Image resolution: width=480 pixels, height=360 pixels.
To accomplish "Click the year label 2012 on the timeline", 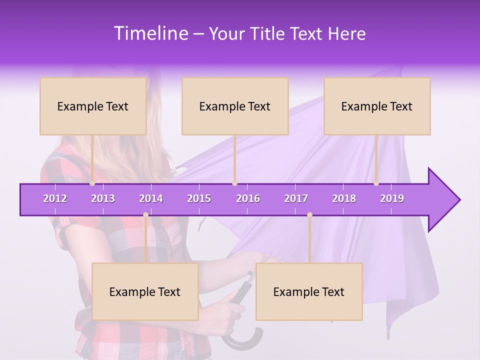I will (x=55, y=198).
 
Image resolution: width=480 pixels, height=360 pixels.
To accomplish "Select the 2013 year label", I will (x=103, y=198).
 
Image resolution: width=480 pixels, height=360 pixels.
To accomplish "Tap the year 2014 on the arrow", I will (x=151, y=198).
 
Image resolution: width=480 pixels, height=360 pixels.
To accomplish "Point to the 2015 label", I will (x=199, y=198).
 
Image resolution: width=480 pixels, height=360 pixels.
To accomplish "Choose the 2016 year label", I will (x=248, y=198).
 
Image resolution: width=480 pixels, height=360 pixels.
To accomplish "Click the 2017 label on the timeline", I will (x=296, y=198).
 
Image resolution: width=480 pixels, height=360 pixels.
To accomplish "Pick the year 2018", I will (x=344, y=198).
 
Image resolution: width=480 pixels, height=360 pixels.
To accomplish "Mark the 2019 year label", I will (x=392, y=198).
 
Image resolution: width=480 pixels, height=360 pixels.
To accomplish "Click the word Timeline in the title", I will (x=149, y=33).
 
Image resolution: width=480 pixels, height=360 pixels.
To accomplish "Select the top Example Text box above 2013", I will (x=93, y=106).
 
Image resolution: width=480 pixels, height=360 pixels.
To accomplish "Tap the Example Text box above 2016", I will (x=235, y=106).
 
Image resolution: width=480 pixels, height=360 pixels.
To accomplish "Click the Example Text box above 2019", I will (x=377, y=106).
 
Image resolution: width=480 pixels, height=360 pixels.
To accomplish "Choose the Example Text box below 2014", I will (x=145, y=291).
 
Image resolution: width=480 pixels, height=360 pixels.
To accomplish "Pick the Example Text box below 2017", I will (x=309, y=291).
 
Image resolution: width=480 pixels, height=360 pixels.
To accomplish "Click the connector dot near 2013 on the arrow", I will (x=92, y=183).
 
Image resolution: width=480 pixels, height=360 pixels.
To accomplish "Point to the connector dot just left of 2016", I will (x=234, y=183).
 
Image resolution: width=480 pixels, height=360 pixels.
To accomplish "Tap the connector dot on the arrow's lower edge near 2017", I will (x=309, y=215).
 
